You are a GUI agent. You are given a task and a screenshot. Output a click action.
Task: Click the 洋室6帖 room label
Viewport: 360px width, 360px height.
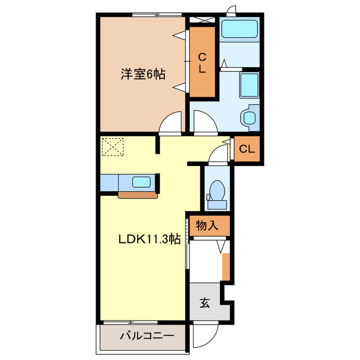(x=143, y=74)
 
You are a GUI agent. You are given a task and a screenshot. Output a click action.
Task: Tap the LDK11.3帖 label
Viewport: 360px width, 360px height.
(x=149, y=238)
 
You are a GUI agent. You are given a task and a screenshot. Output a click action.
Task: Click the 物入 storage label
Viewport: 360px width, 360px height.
(x=207, y=226)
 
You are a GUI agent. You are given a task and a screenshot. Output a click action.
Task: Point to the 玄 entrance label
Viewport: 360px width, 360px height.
(x=205, y=304)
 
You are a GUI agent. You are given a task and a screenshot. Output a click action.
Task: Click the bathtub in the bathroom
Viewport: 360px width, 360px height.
(x=238, y=29)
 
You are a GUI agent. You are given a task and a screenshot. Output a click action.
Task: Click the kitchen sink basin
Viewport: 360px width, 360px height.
(x=141, y=182)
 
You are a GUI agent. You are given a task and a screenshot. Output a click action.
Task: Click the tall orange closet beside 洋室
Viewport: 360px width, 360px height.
(x=201, y=62)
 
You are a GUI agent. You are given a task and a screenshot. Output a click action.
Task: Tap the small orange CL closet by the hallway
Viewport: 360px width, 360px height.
(x=247, y=150)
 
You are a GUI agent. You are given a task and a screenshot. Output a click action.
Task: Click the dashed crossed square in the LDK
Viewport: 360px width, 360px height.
(x=112, y=147)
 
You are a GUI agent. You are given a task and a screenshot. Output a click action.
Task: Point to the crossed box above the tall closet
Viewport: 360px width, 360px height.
(x=201, y=20)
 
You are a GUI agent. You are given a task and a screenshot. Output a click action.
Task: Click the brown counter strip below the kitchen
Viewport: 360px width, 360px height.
(x=137, y=195)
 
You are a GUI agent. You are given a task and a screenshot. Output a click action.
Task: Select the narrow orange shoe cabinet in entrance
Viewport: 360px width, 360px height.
(x=226, y=267)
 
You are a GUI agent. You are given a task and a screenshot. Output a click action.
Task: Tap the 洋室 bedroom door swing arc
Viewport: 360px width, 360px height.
(x=171, y=121)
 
